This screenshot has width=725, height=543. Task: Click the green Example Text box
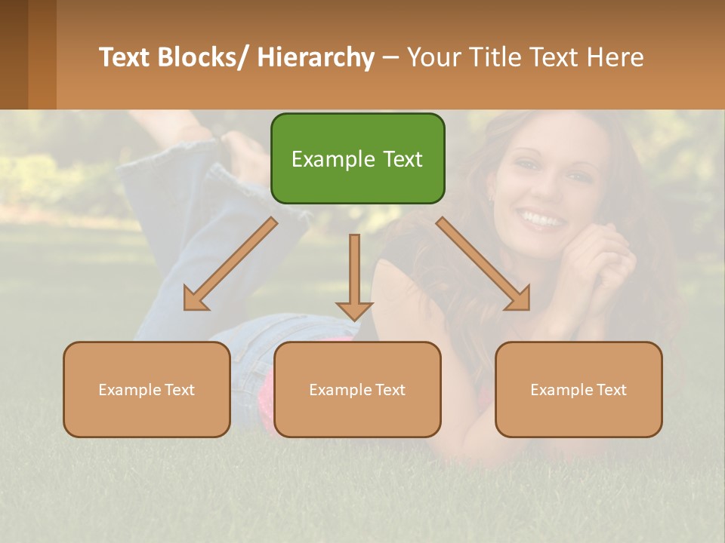(x=357, y=158)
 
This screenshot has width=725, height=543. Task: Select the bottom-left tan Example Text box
(x=147, y=389)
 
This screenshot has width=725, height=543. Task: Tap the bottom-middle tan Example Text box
(x=357, y=389)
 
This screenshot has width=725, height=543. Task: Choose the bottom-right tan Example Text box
(x=578, y=389)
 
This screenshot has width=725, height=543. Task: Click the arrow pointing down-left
(x=230, y=264)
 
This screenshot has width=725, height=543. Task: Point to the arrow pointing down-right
(x=483, y=264)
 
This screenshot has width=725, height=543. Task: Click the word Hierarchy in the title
(x=316, y=57)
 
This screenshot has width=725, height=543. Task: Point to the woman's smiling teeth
(x=541, y=219)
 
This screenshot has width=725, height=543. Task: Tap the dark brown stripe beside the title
(x=14, y=54)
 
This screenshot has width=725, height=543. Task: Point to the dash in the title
(x=390, y=57)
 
